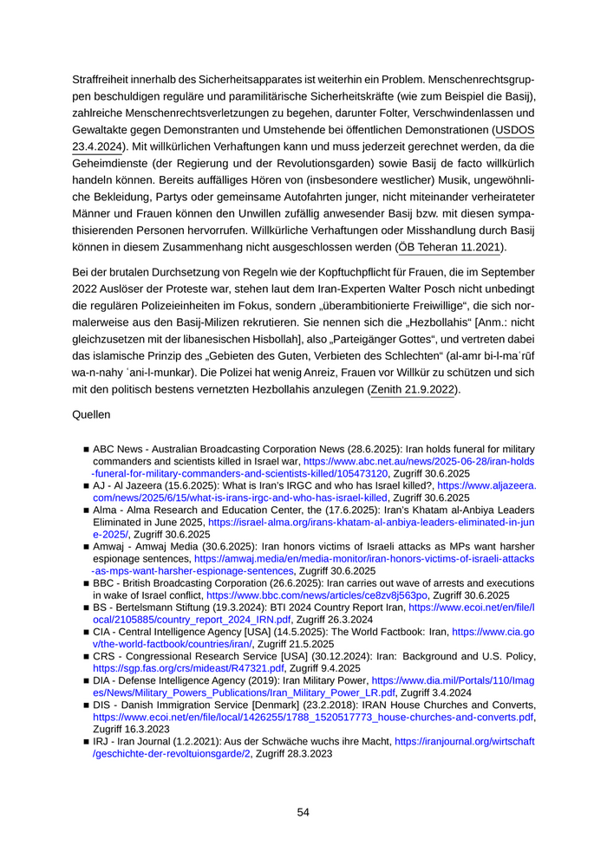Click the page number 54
pos(303,812)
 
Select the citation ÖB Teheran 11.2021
pos(450,248)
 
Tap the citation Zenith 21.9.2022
pos(413,390)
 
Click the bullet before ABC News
pos(87,450)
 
